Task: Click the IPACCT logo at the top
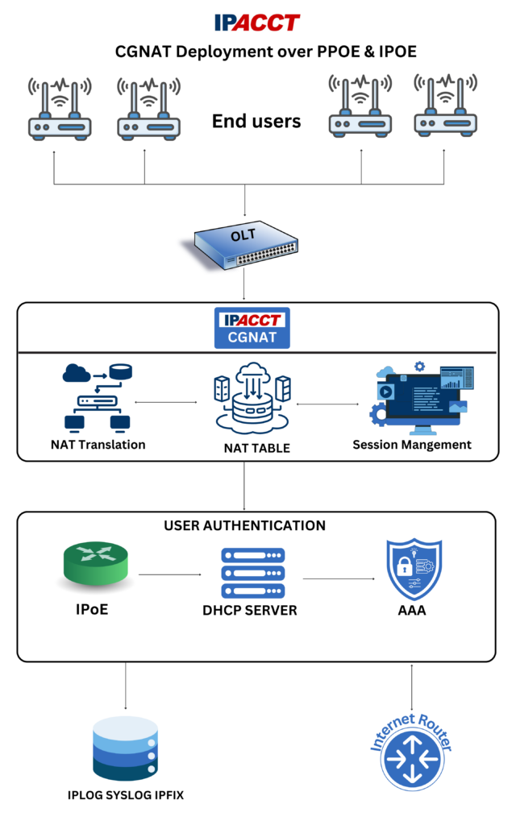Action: coord(257,22)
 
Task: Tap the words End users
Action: coord(256,122)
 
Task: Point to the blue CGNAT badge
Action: coord(252,328)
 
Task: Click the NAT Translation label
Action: coord(98,445)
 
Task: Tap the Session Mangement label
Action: coord(412,445)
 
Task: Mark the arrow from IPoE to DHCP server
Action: coord(169,574)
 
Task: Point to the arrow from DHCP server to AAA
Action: coord(339,578)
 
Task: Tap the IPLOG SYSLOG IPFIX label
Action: coord(126,795)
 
